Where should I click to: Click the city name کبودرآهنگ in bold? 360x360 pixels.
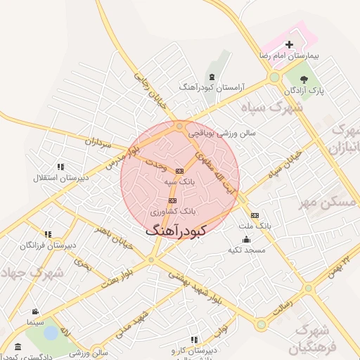(x=176, y=230)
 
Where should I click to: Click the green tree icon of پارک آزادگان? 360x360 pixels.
(x=304, y=78)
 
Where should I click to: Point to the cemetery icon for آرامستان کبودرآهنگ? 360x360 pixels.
(x=212, y=76)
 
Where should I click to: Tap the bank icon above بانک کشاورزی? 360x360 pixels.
(x=172, y=200)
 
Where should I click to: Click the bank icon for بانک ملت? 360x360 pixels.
(x=254, y=215)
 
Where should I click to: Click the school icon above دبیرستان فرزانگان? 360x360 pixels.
(x=48, y=234)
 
